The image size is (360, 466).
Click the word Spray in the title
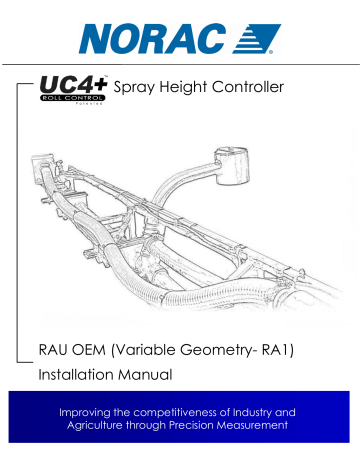click(x=142, y=90)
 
